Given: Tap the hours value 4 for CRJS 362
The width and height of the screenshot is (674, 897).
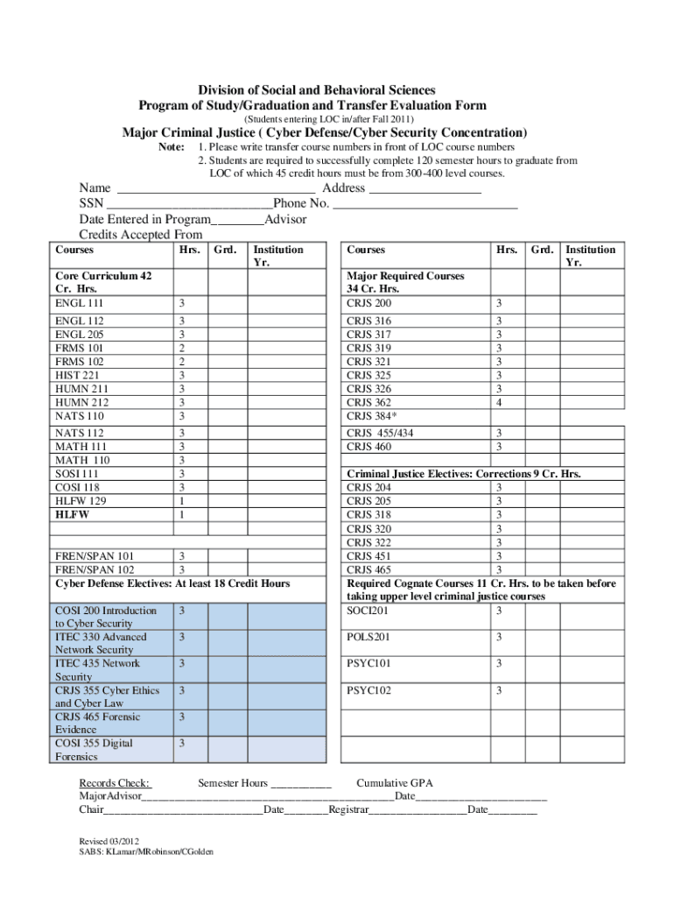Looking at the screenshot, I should pyautogui.click(x=499, y=402).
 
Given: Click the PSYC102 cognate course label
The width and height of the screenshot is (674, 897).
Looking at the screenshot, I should pyautogui.click(x=369, y=690).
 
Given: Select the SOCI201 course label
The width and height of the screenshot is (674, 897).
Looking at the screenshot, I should pyautogui.click(x=368, y=610).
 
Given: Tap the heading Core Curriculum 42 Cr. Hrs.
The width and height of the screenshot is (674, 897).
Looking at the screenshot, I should pyautogui.click(x=103, y=282).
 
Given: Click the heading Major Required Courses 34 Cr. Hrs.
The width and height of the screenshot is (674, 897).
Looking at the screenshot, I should pyautogui.click(x=405, y=282).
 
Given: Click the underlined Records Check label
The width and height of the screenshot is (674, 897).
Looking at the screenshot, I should pyautogui.click(x=115, y=782).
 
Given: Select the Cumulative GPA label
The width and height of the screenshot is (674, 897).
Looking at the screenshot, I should pyautogui.click(x=395, y=782).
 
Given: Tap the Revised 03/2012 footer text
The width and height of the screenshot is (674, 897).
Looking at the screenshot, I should pyautogui.click(x=109, y=840).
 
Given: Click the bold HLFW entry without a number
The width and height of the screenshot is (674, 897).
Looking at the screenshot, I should pyautogui.click(x=73, y=515).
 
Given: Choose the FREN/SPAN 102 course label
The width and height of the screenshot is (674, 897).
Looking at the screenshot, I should pyautogui.click(x=95, y=569).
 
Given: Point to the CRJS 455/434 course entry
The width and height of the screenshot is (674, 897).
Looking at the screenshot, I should pyautogui.click(x=380, y=433).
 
